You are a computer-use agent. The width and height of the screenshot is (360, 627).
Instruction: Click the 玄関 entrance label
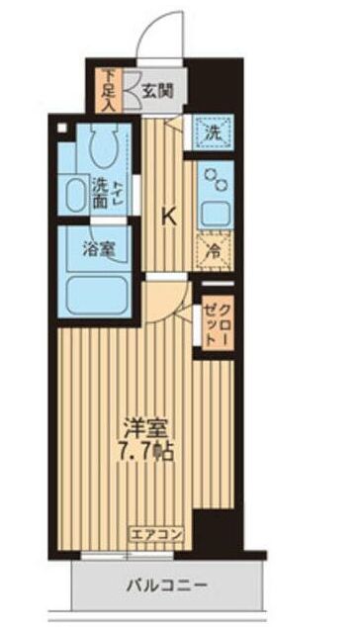tap(157, 91)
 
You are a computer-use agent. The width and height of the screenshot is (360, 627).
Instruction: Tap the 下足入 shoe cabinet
tap(110, 90)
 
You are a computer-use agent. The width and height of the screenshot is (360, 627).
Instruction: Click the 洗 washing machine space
tap(213, 131)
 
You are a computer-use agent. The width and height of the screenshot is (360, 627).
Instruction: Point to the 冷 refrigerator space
tap(213, 250)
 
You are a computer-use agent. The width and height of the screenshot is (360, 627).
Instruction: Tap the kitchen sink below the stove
tap(213, 211)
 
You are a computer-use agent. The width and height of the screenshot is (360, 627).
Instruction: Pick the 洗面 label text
tap(100, 190)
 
